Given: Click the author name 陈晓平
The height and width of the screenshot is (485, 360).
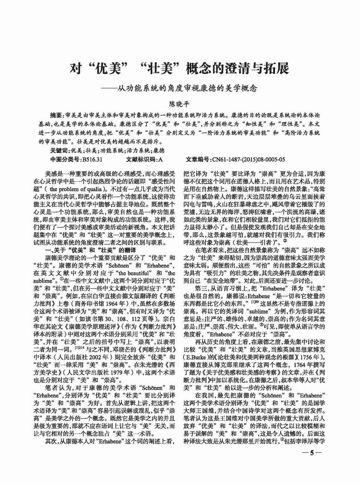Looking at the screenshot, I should (x=180, y=104).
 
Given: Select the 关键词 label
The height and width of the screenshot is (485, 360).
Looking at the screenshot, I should (x=60, y=150).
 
